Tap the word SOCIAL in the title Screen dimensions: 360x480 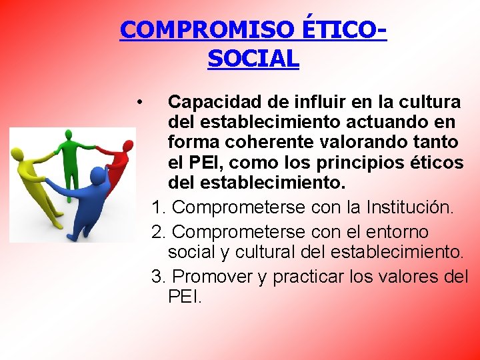(253, 59)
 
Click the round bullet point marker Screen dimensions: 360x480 (138, 102)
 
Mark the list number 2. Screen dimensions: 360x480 (159, 232)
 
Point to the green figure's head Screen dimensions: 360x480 (67, 135)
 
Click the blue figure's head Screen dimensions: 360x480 (97, 175)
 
